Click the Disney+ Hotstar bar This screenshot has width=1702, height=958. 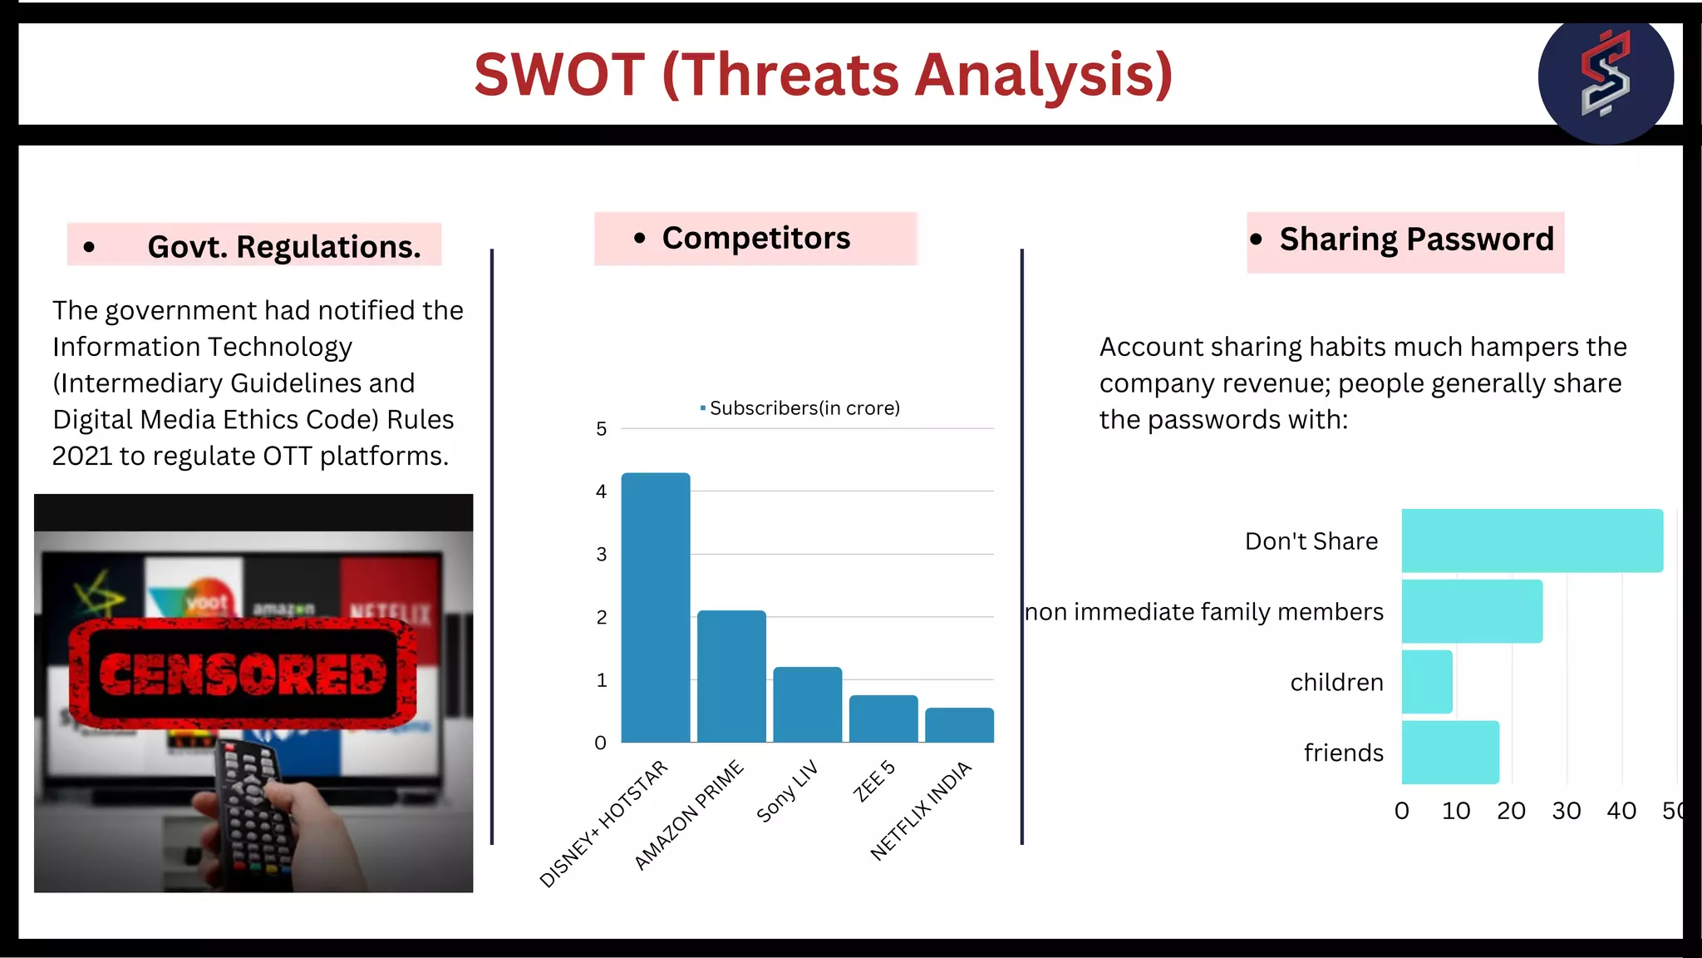(656, 607)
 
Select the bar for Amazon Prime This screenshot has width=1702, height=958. (731, 676)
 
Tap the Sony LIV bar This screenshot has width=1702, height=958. (807, 704)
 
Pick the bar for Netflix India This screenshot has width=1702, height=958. (959, 725)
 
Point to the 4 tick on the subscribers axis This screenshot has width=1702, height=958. (601, 491)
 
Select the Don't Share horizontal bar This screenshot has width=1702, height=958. (1532, 541)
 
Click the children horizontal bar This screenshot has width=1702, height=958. (1427, 682)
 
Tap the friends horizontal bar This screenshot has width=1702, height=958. (1450, 753)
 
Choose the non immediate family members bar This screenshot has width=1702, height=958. (1472, 611)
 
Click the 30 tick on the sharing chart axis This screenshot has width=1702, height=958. (1566, 811)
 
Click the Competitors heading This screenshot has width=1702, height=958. (755, 239)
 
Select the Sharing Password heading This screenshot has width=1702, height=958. (1415, 239)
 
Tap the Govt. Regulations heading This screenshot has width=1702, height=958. (283, 247)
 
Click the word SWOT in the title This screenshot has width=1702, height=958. (559, 75)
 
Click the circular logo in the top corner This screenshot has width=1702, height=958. (1605, 77)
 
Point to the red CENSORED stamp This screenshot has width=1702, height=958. (242, 674)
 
